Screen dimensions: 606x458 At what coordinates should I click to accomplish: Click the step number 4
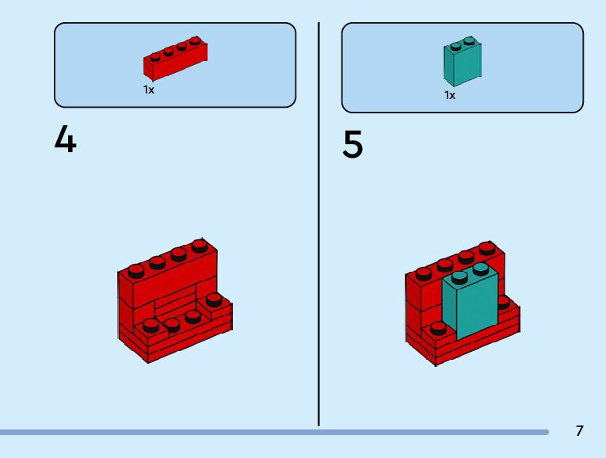point(66,139)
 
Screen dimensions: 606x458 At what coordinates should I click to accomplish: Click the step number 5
point(353,145)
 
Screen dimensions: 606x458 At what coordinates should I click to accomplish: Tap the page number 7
point(579,431)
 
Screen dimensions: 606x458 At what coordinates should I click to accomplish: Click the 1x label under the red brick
point(148,90)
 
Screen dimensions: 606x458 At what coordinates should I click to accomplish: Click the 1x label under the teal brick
point(449,95)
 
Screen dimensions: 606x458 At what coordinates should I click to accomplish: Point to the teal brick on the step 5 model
point(471,305)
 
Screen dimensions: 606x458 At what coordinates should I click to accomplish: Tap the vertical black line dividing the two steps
point(318,222)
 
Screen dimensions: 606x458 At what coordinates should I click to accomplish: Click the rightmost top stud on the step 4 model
point(199,246)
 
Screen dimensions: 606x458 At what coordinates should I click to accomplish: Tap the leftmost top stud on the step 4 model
point(135,270)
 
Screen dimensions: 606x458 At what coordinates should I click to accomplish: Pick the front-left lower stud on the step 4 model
point(151,324)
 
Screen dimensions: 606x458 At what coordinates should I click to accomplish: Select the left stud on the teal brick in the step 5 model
point(460,277)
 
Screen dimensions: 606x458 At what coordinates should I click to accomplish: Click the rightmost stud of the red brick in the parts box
point(195,41)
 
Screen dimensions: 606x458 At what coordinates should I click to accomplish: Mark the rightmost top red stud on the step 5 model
point(486,248)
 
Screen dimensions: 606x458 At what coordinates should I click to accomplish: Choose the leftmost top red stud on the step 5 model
point(424,273)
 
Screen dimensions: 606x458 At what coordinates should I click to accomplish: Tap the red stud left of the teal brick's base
point(438,327)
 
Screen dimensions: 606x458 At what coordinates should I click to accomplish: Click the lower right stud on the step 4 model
point(213,300)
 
